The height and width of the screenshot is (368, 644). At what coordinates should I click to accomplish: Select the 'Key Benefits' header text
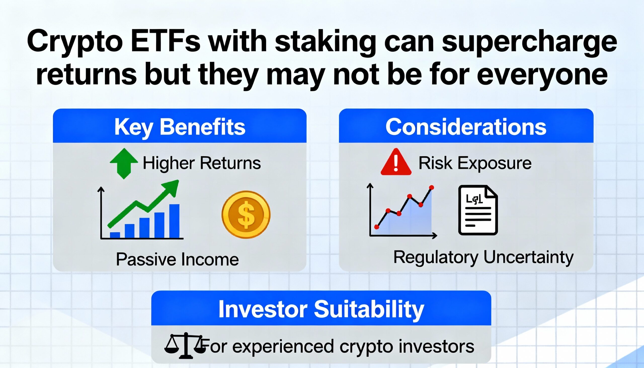tap(180, 127)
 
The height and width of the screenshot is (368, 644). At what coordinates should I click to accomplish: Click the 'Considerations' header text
tap(466, 127)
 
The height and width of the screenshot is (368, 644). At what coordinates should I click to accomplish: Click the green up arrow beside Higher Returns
tap(124, 163)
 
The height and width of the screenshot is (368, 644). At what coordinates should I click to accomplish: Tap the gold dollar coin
tap(246, 214)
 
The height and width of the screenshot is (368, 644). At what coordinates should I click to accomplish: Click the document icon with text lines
tap(478, 210)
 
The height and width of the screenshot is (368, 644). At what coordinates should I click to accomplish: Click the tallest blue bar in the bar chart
tap(174, 221)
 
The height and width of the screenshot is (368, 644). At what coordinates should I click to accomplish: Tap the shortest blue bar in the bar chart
tap(115, 235)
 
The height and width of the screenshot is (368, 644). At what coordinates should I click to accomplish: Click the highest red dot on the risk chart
tap(432, 188)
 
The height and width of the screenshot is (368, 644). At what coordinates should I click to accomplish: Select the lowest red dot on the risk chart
tap(377, 227)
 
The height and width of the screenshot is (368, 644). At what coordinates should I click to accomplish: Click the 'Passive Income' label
tap(177, 260)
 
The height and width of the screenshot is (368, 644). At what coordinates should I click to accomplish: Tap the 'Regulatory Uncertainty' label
tap(483, 258)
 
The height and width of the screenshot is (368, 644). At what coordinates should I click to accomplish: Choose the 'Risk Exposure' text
tap(475, 163)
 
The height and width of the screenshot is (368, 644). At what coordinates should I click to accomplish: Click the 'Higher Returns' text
tap(202, 163)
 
